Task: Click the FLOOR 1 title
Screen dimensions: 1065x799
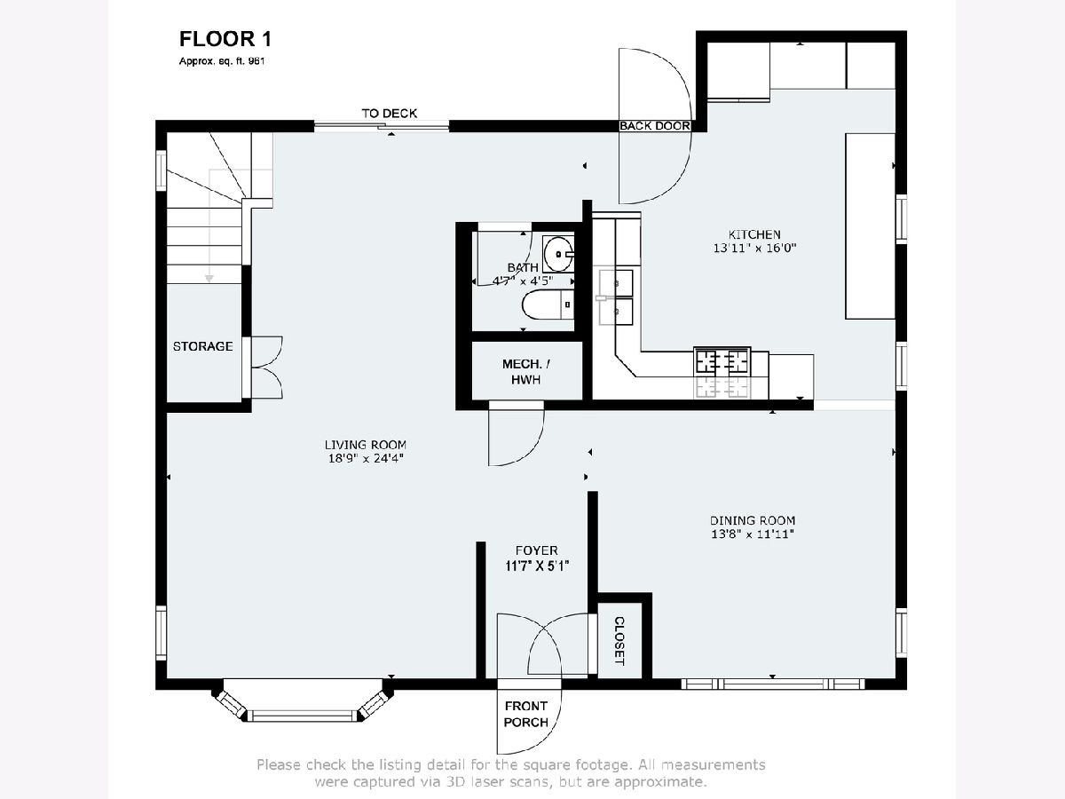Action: [225, 39]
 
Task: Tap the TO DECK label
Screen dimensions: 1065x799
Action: [389, 114]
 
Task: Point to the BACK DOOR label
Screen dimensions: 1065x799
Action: [654, 126]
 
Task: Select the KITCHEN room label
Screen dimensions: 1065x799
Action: [754, 234]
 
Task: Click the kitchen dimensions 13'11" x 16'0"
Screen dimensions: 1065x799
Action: [754, 249]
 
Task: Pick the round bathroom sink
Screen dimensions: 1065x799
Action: [558, 254]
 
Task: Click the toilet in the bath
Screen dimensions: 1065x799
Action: [548, 305]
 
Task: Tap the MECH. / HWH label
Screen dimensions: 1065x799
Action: [526, 372]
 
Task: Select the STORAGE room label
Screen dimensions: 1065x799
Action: [203, 346]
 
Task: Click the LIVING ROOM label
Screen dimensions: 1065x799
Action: [366, 445]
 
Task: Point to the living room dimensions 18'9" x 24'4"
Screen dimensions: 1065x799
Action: [366, 458]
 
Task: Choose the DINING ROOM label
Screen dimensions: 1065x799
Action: [753, 521]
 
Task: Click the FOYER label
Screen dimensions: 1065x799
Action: [537, 550]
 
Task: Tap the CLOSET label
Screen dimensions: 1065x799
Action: [619, 641]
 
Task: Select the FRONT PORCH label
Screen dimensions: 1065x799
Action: [526, 714]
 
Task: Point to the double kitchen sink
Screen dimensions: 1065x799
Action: [616, 297]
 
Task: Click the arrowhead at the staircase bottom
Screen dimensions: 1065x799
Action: [209, 279]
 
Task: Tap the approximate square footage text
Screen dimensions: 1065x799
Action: [222, 61]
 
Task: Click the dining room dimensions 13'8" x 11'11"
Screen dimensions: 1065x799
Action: [753, 534]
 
